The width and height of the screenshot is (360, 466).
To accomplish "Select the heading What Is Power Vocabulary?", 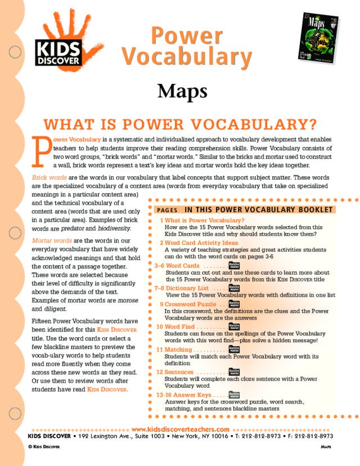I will tap(180, 124).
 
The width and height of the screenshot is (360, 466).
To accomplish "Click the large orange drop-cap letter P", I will tap(40, 151).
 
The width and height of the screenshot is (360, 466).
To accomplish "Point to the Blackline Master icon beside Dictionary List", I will tap(234, 288).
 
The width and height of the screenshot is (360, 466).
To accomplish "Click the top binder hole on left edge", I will tap(15, 52).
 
